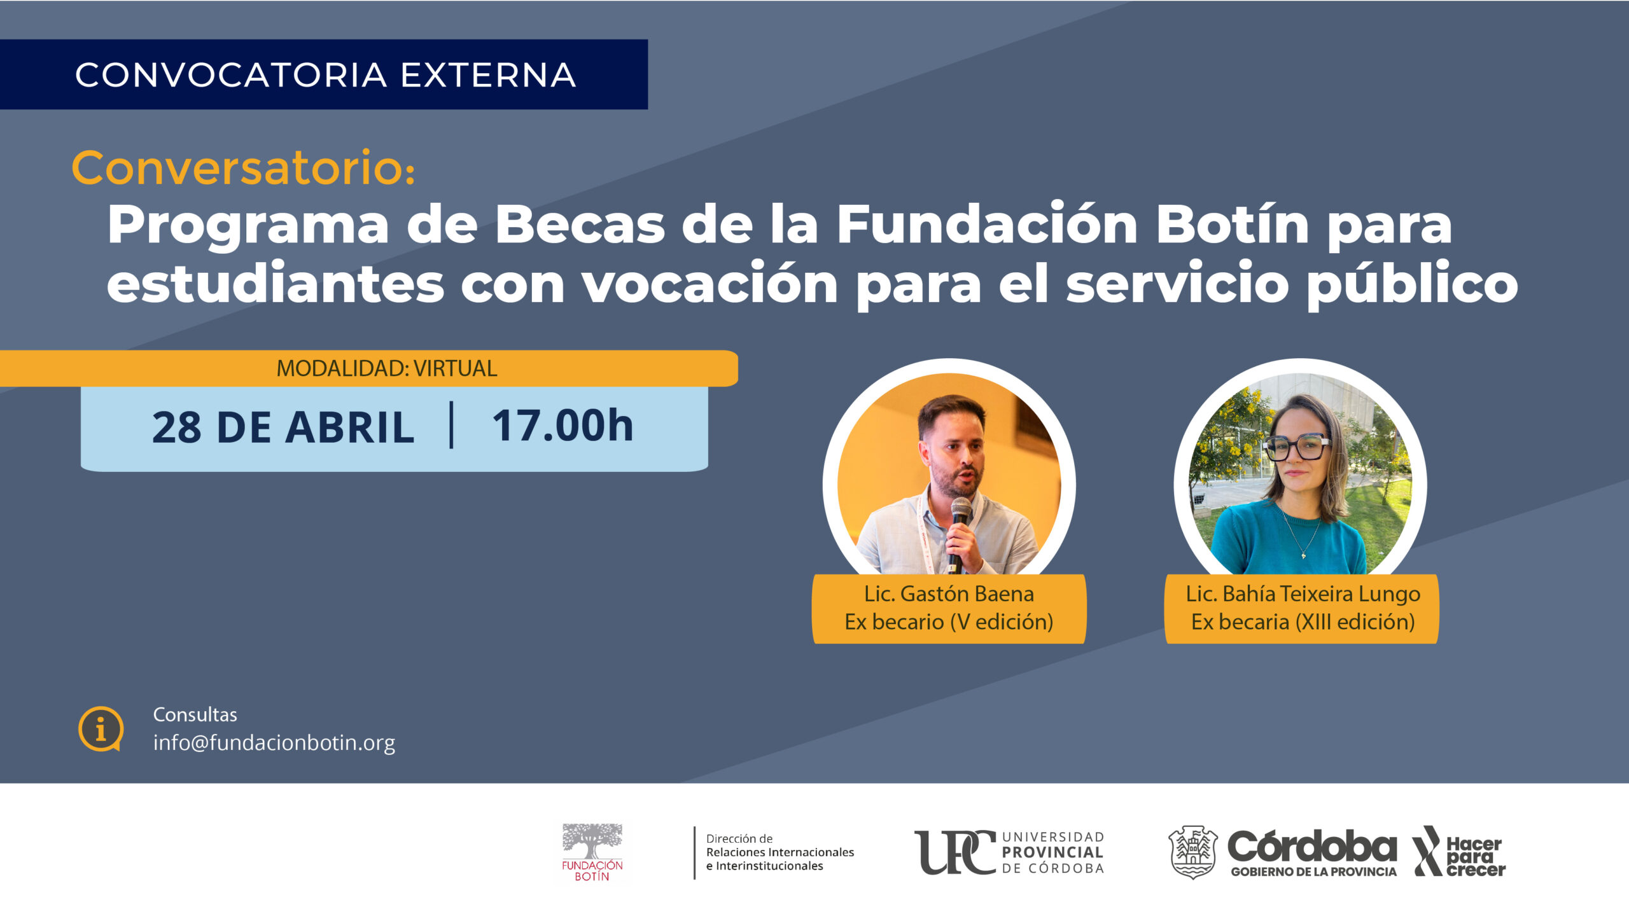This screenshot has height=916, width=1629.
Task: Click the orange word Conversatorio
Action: click(x=243, y=168)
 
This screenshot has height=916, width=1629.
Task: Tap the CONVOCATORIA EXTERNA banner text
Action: click(x=325, y=74)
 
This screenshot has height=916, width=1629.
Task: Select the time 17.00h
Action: click(x=563, y=426)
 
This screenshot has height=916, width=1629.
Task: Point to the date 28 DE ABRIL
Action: click(x=283, y=427)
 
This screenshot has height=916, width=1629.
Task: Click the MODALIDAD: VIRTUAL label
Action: click(x=387, y=368)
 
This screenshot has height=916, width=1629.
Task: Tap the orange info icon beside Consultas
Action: click(x=101, y=729)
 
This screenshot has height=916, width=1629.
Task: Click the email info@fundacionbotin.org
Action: click(x=274, y=743)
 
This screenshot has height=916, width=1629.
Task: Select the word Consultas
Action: click(x=195, y=714)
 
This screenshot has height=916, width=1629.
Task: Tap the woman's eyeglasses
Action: click(x=1297, y=447)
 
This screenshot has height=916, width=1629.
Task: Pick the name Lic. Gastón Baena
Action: click(x=949, y=594)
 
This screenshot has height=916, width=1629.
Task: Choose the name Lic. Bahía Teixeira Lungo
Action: click(x=1303, y=594)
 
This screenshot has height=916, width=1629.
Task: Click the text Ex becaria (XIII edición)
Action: click(x=1303, y=621)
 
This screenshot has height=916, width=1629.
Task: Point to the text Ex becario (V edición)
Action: click(x=949, y=621)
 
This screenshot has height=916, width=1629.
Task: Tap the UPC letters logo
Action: click(x=954, y=852)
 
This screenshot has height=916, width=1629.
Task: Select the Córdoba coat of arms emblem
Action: click(x=1193, y=852)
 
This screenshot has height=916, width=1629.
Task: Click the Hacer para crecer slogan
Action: click(x=1474, y=857)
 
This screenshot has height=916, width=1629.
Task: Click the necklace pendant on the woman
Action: click(x=1303, y=555)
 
